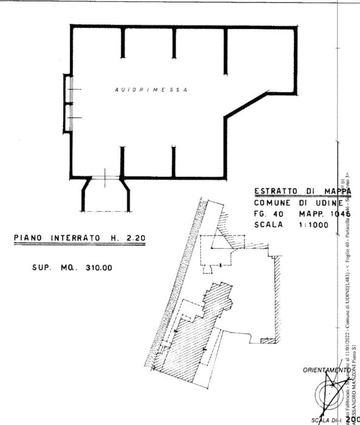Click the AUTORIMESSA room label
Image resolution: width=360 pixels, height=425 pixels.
click(151, 90)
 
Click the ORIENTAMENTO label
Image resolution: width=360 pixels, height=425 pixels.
click(320, 370)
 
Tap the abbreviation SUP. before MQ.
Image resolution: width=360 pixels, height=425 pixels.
click(41, 267)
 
